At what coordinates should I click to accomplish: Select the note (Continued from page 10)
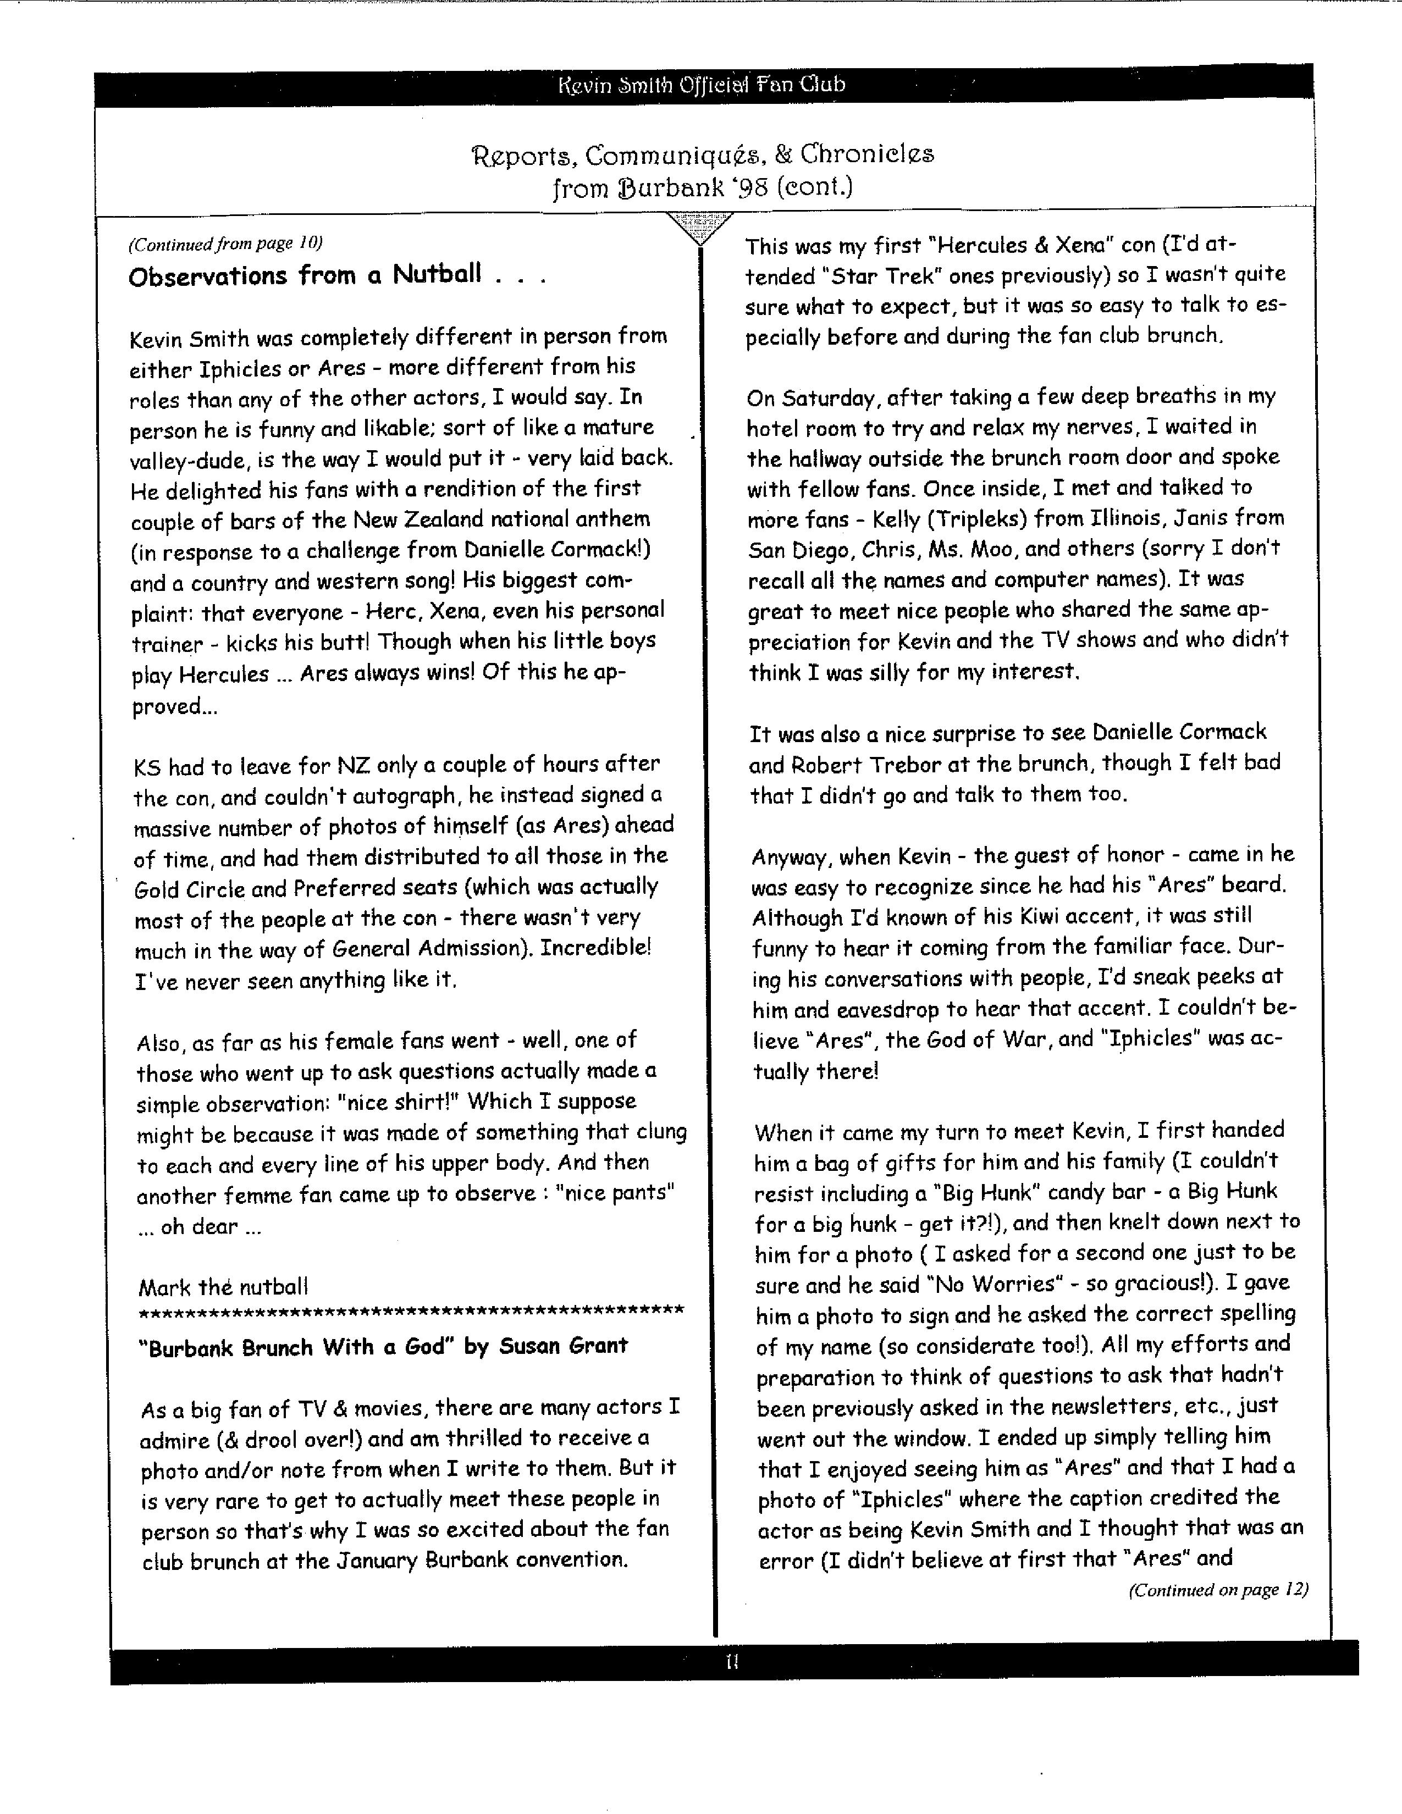tap(225, 244)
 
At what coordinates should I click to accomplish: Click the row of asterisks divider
tap(411, 1312)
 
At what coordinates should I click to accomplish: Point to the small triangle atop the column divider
tap(700, 226)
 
